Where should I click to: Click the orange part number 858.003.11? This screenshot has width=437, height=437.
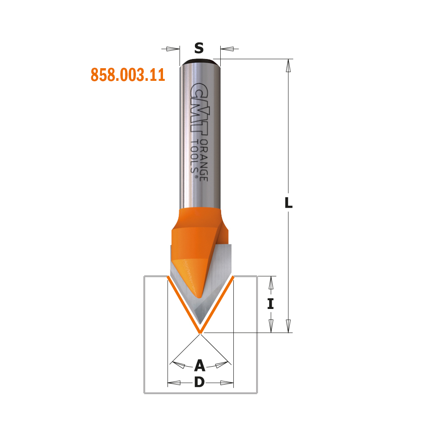pos(128,75)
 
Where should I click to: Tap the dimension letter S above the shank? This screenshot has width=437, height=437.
pos(199,48)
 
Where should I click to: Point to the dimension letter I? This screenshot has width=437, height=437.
pos(271,304)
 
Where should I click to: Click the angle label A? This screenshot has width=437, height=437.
pos(200,365)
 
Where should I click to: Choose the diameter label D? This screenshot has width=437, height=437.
pos(200,382)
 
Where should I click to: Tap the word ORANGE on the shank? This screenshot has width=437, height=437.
pos(204,160)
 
